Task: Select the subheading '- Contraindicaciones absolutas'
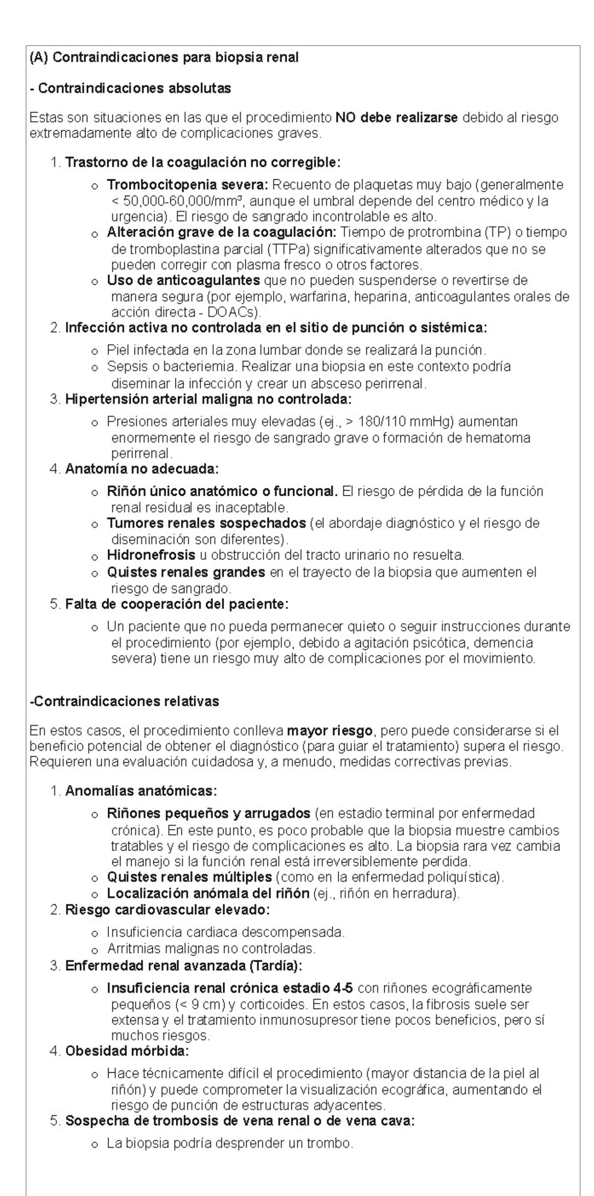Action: point(130,88)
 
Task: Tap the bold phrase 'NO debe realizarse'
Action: point(396,118)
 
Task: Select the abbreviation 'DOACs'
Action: point(231,312)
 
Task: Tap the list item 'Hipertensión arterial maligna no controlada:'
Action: point(208,399)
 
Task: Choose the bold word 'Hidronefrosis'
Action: point(151,555)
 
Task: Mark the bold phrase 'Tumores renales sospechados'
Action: point(206,523)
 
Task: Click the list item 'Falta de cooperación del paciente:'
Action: point(176,604)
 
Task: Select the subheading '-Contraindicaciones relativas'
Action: point(124,701)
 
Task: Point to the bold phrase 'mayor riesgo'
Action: point(329,731)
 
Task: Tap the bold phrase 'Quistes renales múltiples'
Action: point(189,877)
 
